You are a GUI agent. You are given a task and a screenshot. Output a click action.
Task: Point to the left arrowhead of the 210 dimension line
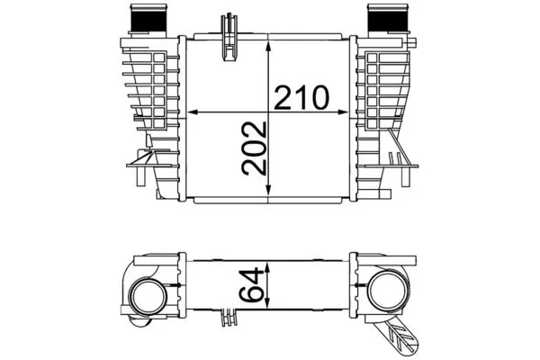point(190,112)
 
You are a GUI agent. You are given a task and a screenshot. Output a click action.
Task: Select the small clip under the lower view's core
point(229,317)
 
